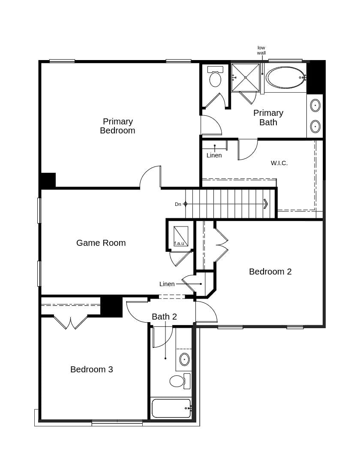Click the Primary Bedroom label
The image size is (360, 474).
tap(117, 126)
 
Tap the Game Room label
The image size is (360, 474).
tap(101, 243)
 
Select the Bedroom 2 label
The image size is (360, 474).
tap(270, 272)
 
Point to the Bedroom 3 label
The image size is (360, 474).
tap(92, 369)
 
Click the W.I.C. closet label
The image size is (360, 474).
tap(279, 163)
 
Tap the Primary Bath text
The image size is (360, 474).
tap(268, 118)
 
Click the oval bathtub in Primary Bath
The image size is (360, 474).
tap(285, 78)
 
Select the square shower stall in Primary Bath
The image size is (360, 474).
tap(246, 78)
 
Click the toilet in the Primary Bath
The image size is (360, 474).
tap(215, 77)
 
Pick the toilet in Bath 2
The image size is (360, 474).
tap(177, 381)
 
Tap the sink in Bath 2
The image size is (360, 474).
tap(184, 359)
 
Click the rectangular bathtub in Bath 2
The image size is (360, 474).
tap(171, 408)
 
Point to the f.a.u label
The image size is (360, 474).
tap(179, 243)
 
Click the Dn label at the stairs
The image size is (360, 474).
tap(178, 204)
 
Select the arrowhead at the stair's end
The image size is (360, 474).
tap(266, 204)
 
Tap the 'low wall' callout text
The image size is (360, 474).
tap(261, 50)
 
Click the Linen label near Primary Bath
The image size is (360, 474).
tap(214, 155)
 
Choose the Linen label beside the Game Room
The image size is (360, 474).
tap(167, 284)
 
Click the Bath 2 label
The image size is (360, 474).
tap(164, 317)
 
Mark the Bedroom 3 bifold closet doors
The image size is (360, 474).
tap(71, 322)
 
